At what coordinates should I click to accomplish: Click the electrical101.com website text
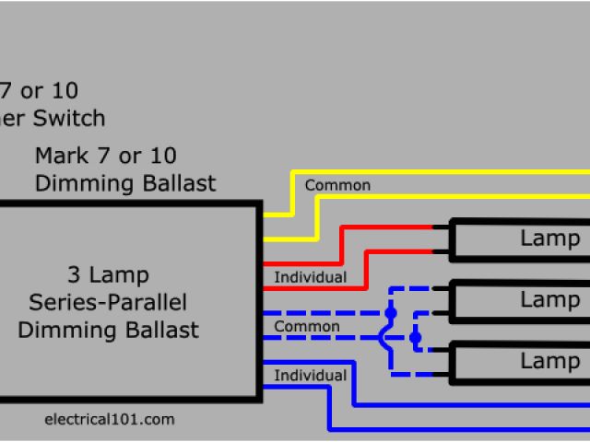(109, 419)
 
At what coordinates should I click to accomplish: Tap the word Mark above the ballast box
(59, 156)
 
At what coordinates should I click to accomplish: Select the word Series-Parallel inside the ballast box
(109, 302)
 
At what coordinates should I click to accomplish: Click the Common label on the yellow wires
(337, 185)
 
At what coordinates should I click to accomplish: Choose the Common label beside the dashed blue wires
(307, 327)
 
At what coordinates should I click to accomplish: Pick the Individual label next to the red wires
(311, 277)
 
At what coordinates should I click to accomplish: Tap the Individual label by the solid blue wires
(311, 376)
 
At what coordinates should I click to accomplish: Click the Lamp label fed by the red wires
(550, 238)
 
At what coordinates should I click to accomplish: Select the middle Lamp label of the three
(550, 299)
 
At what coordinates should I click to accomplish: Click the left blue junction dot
(390, 313)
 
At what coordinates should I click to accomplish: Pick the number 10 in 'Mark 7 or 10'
(162, 156)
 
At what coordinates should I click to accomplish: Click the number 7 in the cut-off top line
(8, 91)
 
